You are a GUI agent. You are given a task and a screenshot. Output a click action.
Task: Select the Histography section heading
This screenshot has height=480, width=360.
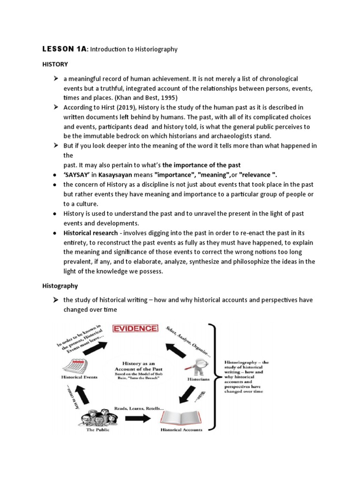[60, 285]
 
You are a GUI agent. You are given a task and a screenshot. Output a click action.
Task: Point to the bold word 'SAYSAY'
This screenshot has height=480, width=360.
[78, 175]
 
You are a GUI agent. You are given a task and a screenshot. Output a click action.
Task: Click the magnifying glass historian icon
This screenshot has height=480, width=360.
[191, 365]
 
